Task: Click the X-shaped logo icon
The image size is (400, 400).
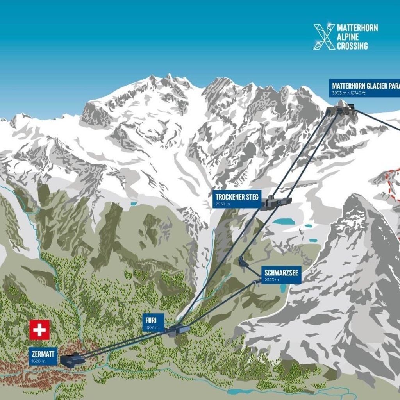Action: click(x=324, y=37)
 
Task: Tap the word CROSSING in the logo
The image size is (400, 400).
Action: click(x=353, y=46)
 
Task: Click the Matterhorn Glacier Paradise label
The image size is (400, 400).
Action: click(x=365, y=86)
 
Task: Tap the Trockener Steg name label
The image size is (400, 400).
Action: click(x=237, y=197)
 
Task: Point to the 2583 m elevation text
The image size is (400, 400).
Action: click(x=271, y=280)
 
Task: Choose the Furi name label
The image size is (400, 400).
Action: click(x=151, y=320)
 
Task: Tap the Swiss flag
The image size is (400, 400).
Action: click(x=39, y=330)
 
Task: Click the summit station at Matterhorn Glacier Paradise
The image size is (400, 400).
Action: click(x=341, y=109)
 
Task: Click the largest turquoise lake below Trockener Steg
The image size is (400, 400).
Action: click(x=284, y=221)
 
